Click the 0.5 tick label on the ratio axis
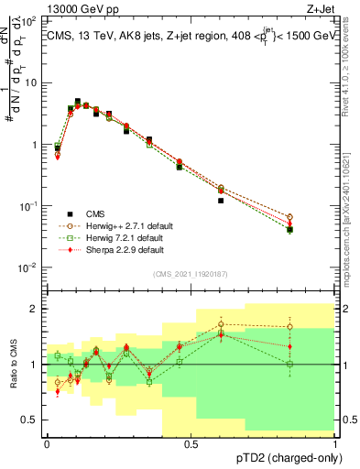(x=32, y=420)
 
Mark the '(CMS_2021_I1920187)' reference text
(x=191, y=274)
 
